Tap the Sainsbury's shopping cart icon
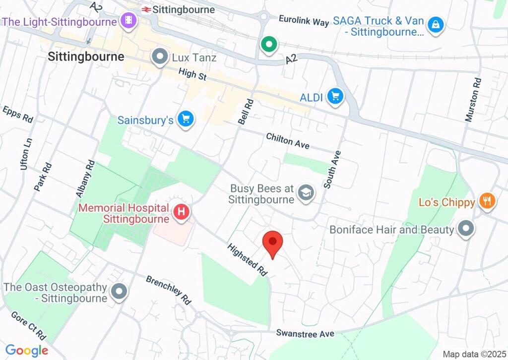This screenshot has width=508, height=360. [x=187, y=119]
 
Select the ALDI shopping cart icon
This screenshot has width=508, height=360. [x=335, y=96]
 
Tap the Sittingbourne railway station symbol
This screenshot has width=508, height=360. [x=146, y=9]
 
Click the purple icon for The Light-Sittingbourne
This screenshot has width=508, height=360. [x=128, y=21]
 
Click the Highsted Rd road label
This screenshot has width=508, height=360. [x=248, y=260]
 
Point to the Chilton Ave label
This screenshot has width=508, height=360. [x=288, y=141]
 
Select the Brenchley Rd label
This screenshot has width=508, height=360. [x=168, y=290]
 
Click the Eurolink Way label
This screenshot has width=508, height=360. [x=304, y=21]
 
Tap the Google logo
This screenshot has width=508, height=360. [x=26, y=351]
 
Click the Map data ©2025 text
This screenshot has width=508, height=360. [x=473, y=354]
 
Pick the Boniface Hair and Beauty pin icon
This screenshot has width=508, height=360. [x=465, y=229]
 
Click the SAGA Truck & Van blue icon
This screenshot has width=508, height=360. [x=435, y=24]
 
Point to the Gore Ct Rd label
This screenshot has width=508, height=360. [x=28, y=326]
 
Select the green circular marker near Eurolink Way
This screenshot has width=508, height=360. [x=269, y=45]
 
